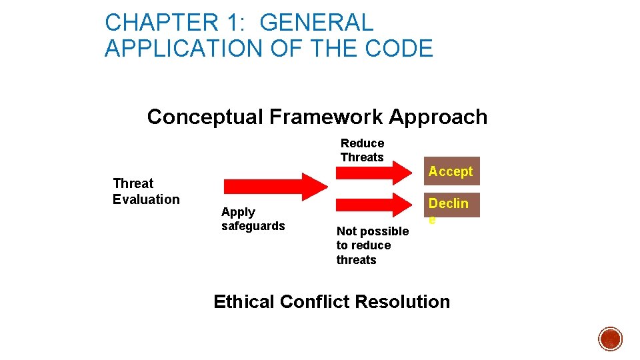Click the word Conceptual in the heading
click(205, 117)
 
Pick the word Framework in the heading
click(325, 117)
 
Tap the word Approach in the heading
click(438, 117)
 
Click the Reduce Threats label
click(362, 150)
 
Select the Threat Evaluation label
click(145, 191)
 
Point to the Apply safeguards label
click(253, 219)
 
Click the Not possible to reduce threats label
click(372, 245)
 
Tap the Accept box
click(451, 171)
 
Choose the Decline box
click(451, 205)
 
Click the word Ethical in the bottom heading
click(244, 302)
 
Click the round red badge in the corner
click(610, 339)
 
